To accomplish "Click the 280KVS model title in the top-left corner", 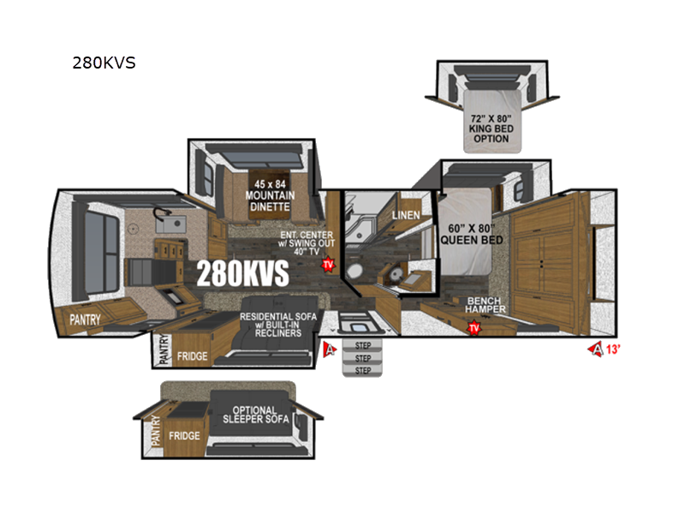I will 104,63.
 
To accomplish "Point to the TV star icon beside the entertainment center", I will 327,265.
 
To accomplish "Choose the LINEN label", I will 406,215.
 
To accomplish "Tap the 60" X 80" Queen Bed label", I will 471,234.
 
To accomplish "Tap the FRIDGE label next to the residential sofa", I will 192,355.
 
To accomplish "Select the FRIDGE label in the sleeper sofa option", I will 185,436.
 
